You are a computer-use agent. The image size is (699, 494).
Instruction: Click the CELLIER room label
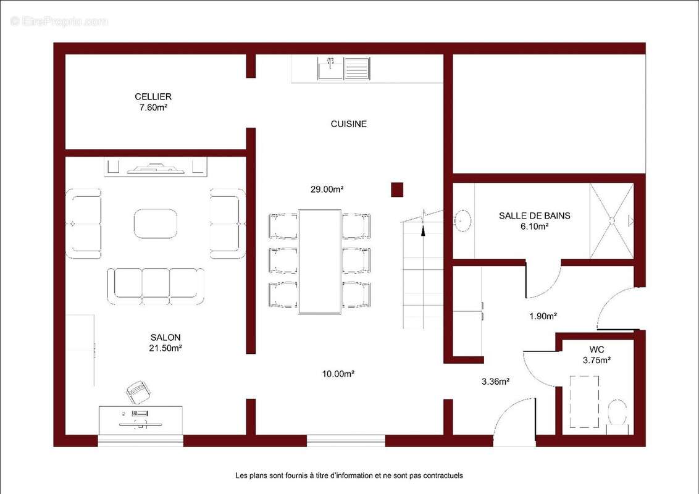tap(153, 96)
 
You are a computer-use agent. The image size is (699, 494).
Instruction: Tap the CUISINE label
tap(349, 124)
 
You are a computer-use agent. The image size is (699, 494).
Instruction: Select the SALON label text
tap(165, 338)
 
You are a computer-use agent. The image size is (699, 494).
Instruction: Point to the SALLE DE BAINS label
tap(535, 216)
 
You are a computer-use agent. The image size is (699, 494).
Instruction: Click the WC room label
tap(596, 350)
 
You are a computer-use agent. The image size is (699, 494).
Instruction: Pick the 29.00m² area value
tap(327, 189)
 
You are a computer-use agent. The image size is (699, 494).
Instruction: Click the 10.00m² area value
tap(338, 374)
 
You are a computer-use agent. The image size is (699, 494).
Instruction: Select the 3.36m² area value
tap(495, 382)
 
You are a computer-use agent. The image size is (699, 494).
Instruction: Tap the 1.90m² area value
tap(543, 316)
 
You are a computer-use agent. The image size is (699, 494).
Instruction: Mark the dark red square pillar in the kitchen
tap(397, 190)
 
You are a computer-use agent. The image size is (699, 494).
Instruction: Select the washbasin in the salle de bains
tap(462, 220)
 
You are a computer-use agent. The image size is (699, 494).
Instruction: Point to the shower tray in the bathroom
tap(611, 220)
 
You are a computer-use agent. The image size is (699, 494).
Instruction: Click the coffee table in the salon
tap(155, 224)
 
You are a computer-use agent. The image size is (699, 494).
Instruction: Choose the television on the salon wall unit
tap(156, 168)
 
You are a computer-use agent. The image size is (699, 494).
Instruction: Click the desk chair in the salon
tap(138, 392)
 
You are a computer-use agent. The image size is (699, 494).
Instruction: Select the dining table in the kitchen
tap(320, 262)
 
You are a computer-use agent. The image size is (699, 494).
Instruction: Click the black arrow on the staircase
tap(423, 229)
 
